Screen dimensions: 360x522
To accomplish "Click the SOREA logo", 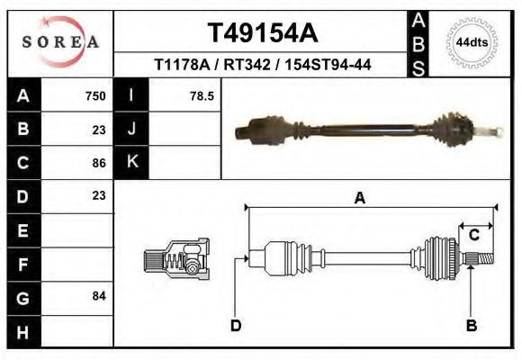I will point(60,42).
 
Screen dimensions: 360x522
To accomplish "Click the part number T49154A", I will point(263,33).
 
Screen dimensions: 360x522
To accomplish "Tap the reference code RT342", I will point(248,65).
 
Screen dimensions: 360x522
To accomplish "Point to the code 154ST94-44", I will point(328,65).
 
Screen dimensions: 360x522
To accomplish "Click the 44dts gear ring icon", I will point(472,42).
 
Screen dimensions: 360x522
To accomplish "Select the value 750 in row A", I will point(95,95).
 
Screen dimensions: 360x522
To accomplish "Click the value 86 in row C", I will point(99,163).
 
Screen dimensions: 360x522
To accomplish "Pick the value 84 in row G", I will point(99,296).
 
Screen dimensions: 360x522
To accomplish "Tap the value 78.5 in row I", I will point(202,95).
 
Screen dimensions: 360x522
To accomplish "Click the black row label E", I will point(22,230).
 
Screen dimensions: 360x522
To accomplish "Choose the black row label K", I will point(132,162).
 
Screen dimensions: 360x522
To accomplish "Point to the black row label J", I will point(132,129).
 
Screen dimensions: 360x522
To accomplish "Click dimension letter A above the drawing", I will point(359,199).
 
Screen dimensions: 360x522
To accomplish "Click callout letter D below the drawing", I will point(236,325).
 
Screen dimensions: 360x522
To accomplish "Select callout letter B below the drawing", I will point(471,325).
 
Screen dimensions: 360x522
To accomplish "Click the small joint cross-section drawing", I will point(176,259).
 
